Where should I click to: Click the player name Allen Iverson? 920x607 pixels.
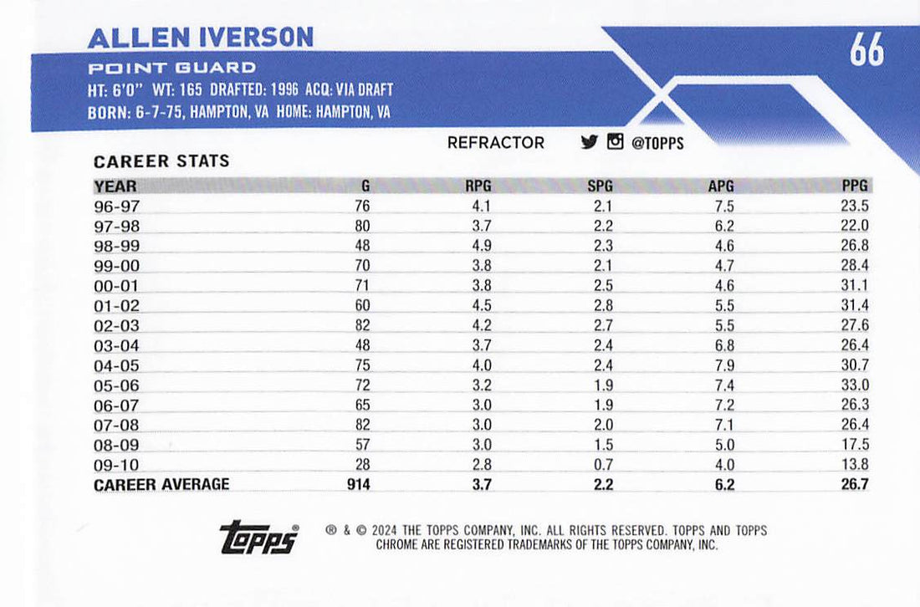pos(201,37)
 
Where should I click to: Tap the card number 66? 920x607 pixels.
pos(866,50)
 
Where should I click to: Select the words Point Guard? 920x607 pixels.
pos(171,68)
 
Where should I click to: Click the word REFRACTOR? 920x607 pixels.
pos(495,143)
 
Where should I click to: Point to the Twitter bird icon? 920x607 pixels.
pos(589,142)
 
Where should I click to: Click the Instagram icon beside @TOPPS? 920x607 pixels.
pos(615,142)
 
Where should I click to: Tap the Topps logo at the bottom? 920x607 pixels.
pos(259,537)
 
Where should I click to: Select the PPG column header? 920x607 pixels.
pos(855,186)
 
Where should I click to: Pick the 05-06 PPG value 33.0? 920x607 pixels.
pos(855,385)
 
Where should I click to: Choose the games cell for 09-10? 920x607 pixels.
pos(361,465)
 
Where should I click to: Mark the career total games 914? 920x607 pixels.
pos(358,485)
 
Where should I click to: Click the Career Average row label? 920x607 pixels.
pos(161,485)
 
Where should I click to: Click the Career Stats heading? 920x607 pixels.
pos(161,161)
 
